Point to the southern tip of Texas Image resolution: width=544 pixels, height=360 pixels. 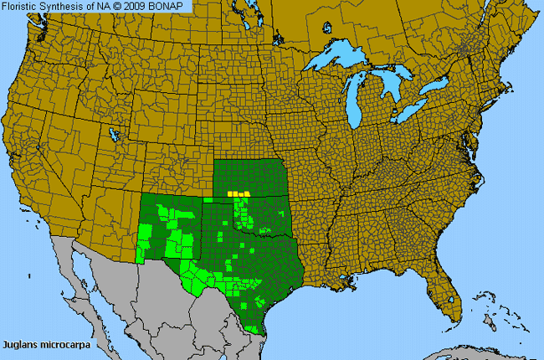click(262, 328)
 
